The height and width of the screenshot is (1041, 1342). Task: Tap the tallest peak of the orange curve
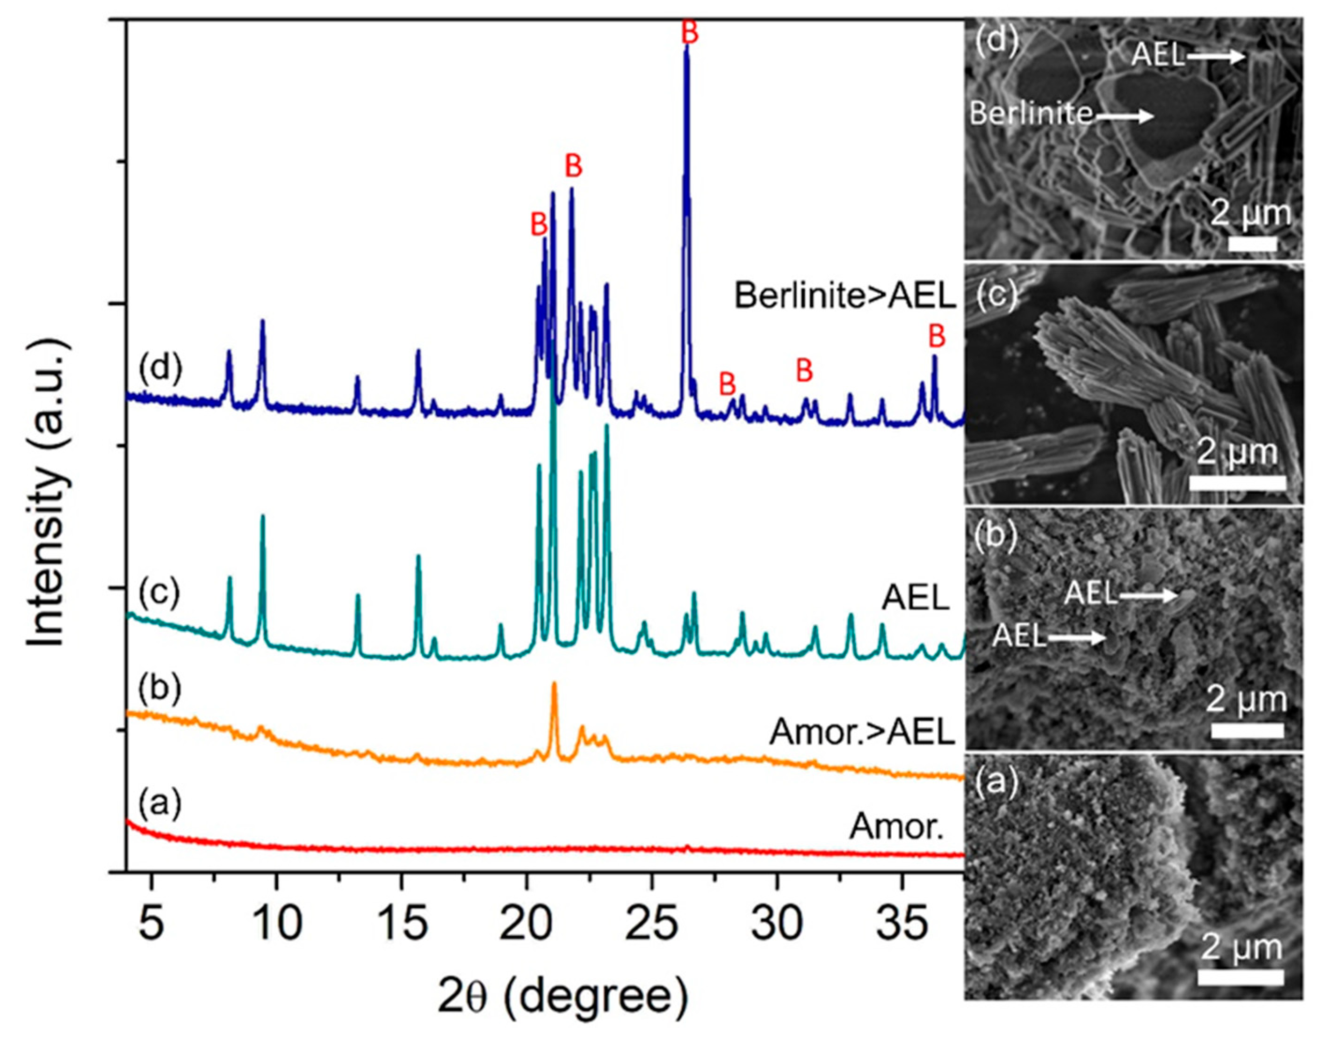[x=554, y=683]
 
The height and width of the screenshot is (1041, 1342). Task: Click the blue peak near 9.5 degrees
[x=262, y=322]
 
